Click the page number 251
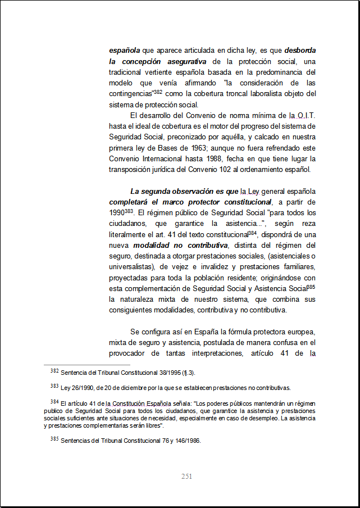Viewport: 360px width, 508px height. pos(187,477)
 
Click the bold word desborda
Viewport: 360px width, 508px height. pos(300,49)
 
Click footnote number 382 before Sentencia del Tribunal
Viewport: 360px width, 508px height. pos(54,371)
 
